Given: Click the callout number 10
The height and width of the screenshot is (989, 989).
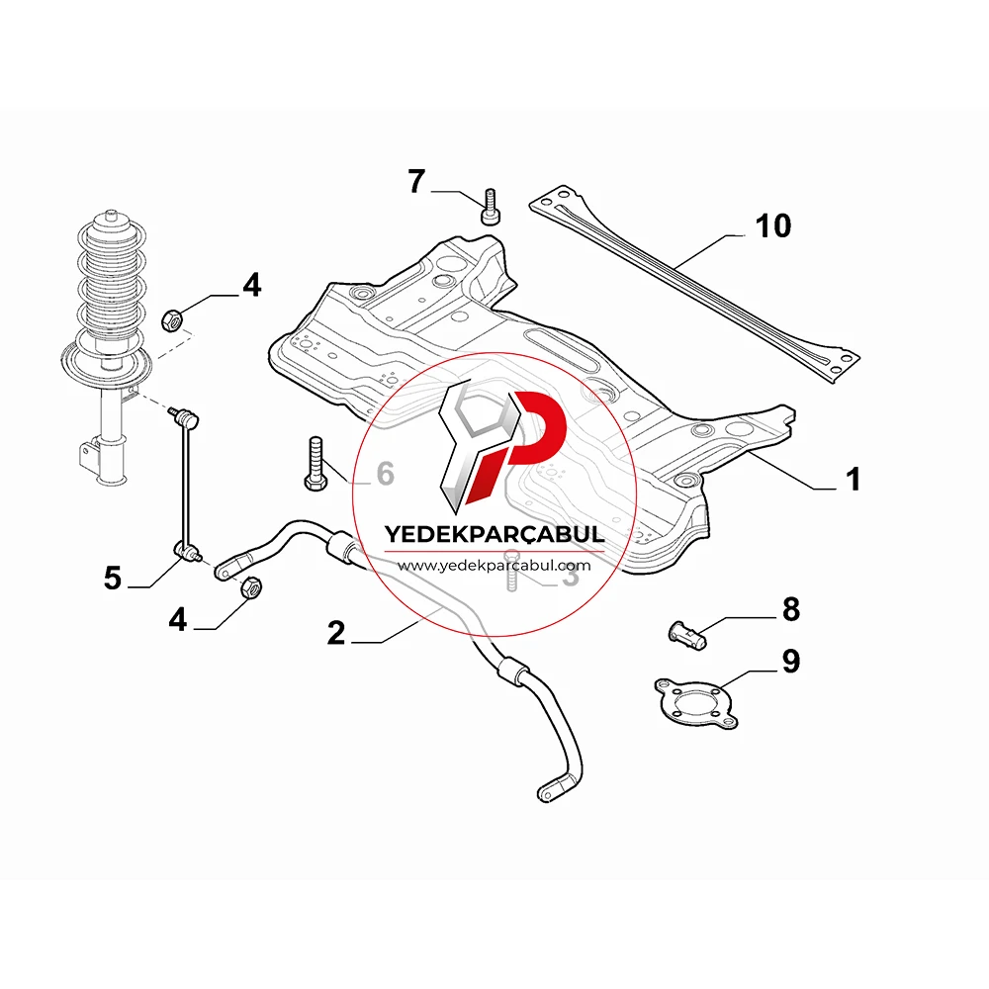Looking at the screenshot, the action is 772,225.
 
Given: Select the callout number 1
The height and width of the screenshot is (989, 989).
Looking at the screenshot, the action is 853,480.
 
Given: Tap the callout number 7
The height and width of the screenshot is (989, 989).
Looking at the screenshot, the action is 416,182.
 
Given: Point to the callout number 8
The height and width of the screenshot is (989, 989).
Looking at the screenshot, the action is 791,610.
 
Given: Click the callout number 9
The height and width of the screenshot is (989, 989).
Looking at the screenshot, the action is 791,661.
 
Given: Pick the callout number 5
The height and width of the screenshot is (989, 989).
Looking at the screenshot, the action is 113,578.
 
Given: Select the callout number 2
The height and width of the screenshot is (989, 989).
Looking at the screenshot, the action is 336,633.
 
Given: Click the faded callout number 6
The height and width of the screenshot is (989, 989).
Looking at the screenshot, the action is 386,474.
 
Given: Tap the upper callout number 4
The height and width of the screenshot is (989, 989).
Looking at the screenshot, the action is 251,285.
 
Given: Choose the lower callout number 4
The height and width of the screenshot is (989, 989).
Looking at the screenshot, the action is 178,619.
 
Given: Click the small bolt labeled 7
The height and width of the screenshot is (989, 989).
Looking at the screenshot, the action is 491,207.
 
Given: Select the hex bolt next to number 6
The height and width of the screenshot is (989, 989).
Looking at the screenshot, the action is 315,464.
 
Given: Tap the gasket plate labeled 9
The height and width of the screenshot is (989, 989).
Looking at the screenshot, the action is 695,702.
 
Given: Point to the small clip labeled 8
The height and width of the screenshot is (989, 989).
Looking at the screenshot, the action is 687,635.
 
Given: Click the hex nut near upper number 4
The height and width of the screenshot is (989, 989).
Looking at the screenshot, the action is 173,320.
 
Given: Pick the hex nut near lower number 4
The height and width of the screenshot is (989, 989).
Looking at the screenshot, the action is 251,587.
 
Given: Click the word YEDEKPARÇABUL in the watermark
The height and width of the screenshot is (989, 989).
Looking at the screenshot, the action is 494,535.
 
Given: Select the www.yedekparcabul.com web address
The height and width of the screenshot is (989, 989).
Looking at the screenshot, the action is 494,566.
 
